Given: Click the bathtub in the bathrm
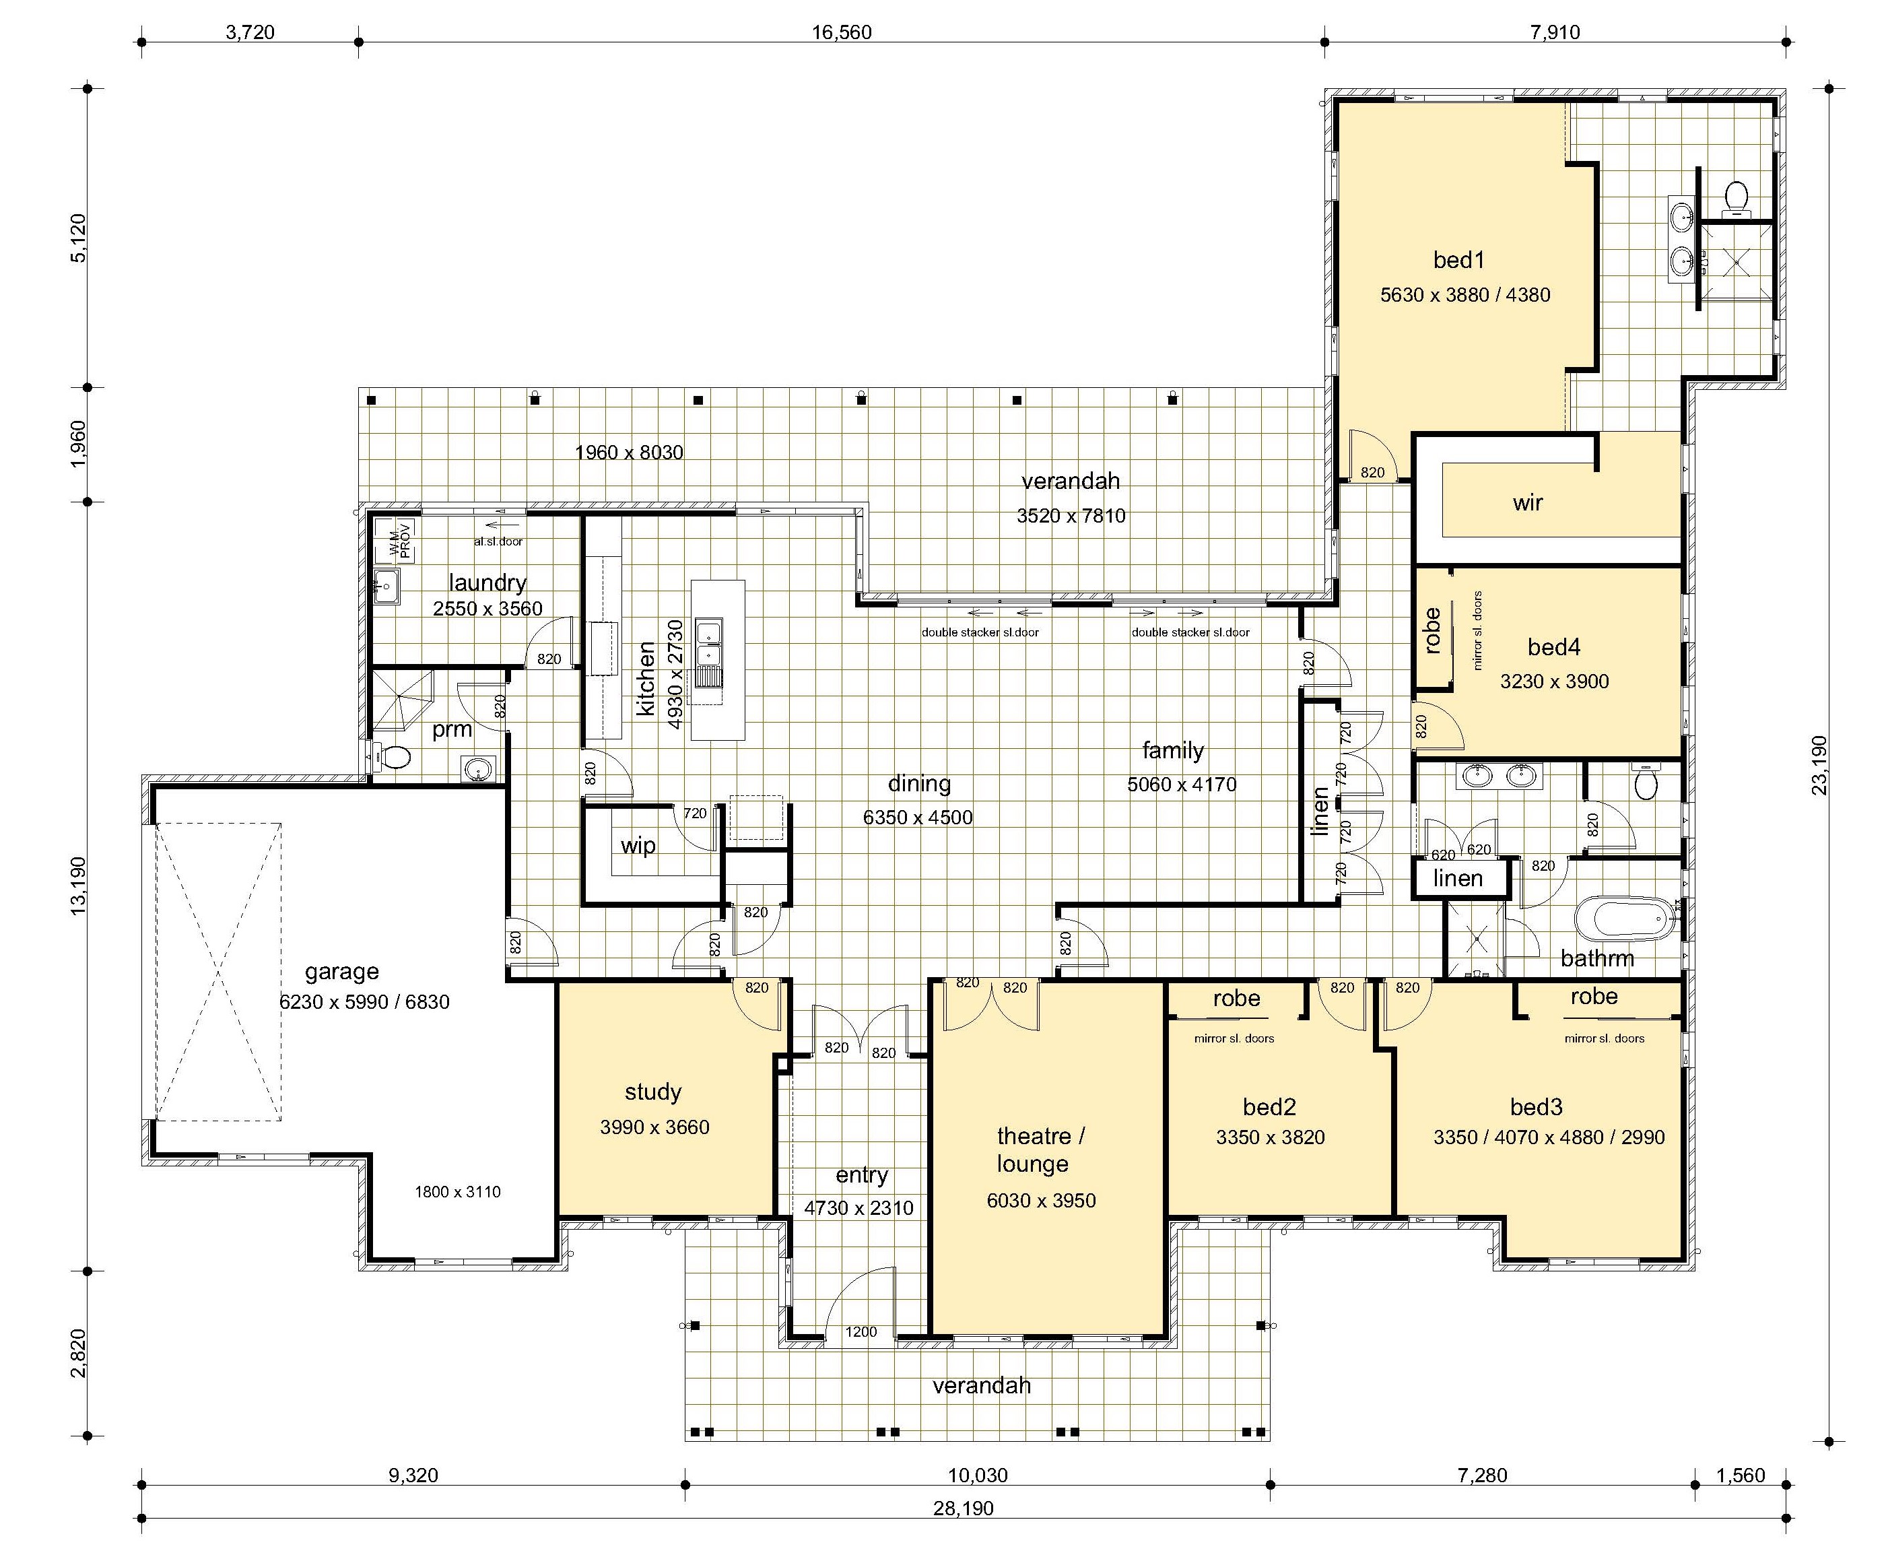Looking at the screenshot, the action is pyautogui.click(x=1625, y=920).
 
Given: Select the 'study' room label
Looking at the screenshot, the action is pyautogui.click(x=653, y=1092).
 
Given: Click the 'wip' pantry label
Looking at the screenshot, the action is pyautogui.click(x=638, y=846).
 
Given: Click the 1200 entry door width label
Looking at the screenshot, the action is pyautogui.click(x=861, y=1332).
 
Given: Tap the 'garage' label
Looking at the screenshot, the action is pyautogui.click(x=341, y=972).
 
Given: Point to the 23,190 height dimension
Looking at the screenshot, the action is pyautogui.click(x=1819, y=765).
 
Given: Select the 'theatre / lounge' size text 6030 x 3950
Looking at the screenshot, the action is pyautogui.click(x=1041, y=1201).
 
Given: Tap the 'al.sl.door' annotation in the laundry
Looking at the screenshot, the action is pyautogui.click(x=498, y=541).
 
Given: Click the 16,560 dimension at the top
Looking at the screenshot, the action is pyautogui.click(x=842, y=33).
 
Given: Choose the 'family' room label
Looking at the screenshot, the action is pyautogui.click(x=1173, y=750).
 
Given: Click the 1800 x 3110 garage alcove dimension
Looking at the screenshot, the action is pyautogui.click(x=457, y=1192).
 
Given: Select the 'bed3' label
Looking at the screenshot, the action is pyautogui.click(x=1536, y=1106).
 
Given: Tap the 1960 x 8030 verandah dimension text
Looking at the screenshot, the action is pyautogui.click(x=629, y=453).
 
